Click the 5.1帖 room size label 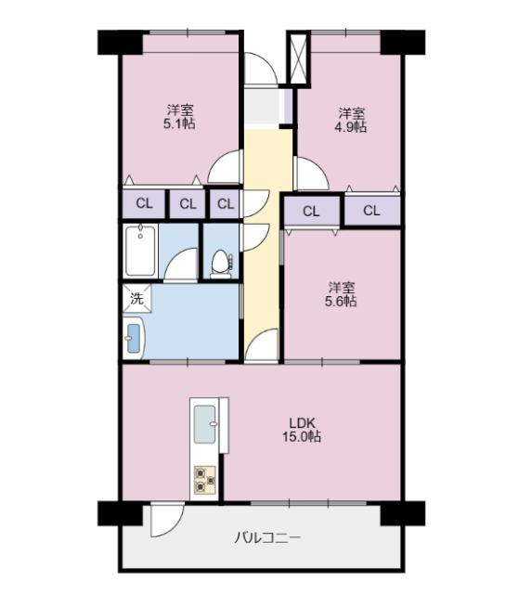pyautogui.click(x=181, y=124)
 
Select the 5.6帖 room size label pyautogui.click(x=341, y=301)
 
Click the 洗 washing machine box pyautogui.click(x=136, y=299)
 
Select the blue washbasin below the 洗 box pyautogui.click(x=132, y=335)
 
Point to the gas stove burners pyautogui.click(x=204, y=480)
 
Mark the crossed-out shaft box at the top pyautogui.click(x=300, y=59)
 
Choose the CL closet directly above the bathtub pyautogui.click(x=144, y=204)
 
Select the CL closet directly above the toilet pyautogui.click(x=225, y=204)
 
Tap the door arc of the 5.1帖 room pyautogui.click(x=226, y=168)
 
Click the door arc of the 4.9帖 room pyautogui.click(x=309, y=173)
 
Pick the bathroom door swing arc pyautogui.click(x=183, y=266)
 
